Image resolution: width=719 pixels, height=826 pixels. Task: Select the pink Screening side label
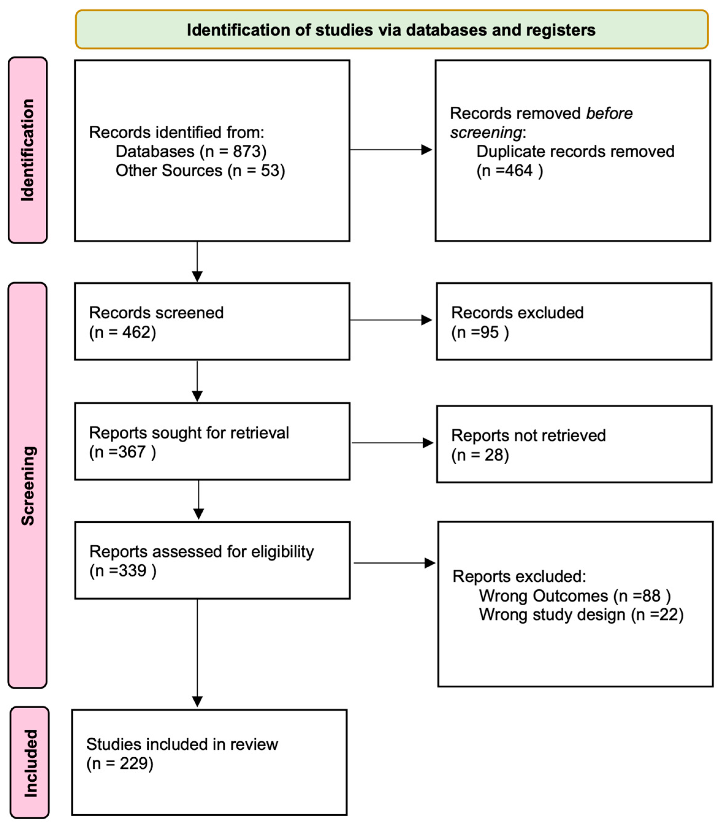pos(28,485)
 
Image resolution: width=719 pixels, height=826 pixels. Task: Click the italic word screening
pos(485,132)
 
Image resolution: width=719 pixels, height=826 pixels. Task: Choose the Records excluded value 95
pos(489,332)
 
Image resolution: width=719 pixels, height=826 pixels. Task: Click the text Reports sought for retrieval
pos(188,433)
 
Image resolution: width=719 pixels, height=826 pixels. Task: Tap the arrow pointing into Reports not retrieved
pos(392,443)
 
